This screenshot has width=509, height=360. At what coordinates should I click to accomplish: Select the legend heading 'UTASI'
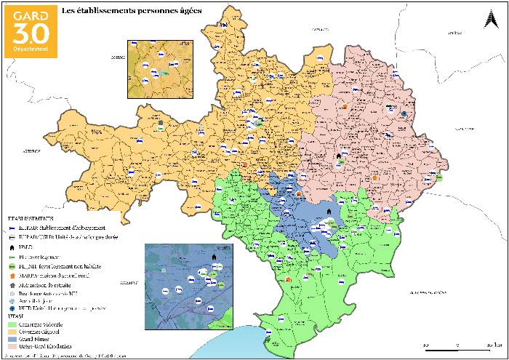point(16,319)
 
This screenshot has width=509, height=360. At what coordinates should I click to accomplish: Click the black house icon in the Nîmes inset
point(214,257)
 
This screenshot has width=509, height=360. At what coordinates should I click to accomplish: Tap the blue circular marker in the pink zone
point(404,114)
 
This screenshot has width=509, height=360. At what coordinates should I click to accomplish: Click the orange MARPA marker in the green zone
point(289,279)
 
